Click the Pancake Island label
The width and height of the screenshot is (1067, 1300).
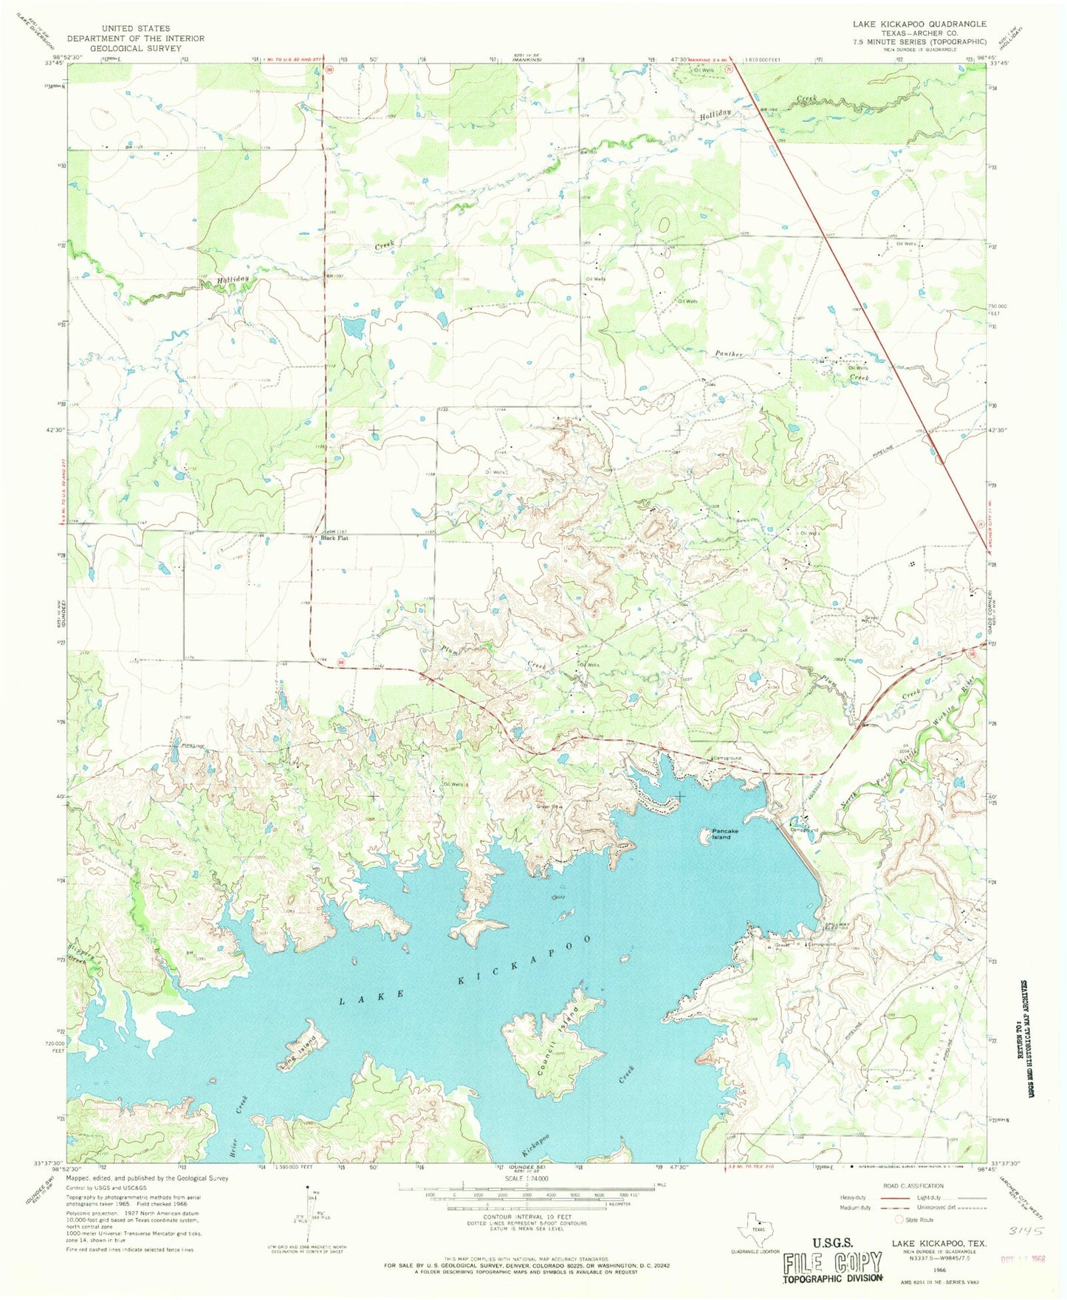click(721, 835)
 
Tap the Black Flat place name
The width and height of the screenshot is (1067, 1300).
click(334, 538)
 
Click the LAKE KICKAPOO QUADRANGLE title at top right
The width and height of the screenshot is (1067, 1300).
click(919, 24)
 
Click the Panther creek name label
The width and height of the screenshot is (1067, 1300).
click(728, 355)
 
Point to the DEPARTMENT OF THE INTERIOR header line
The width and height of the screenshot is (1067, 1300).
click(135, 38)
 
